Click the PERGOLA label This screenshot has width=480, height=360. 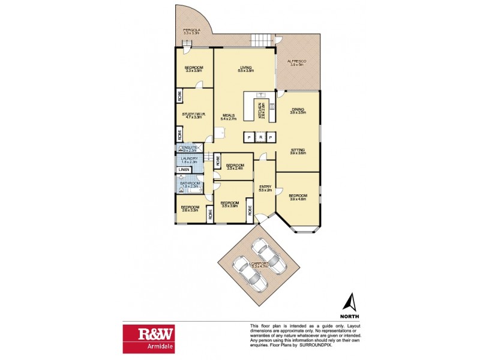pos(192,30)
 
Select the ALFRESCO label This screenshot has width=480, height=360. pos(297,61)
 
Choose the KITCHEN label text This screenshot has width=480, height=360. pos(260,111)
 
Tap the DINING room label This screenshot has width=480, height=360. pos(298,109)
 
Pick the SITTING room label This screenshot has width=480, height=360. pos(298,150)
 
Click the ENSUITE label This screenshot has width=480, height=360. pos(190,146)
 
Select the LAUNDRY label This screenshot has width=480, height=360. pos(190,158)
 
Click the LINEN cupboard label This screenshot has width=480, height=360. pos(184,170)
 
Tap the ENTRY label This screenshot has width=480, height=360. pos(265,187)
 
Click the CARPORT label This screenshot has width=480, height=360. pos(259,263)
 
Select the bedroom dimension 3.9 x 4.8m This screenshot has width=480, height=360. pos(298,200)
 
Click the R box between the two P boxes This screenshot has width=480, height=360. pos(259,138)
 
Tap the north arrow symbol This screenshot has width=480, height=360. pos(350,301)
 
